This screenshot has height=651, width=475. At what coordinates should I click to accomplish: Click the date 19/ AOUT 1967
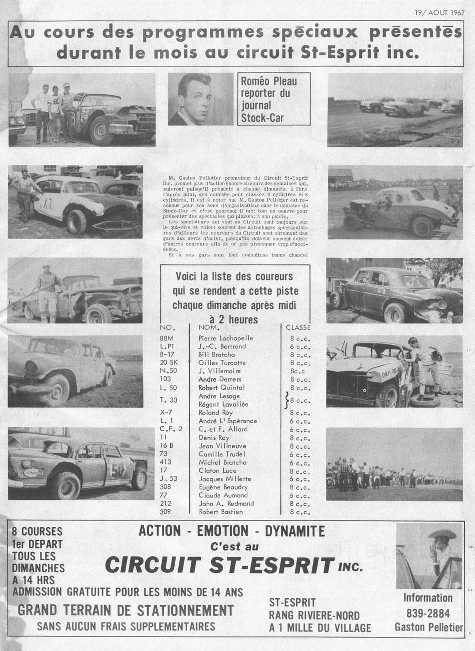point(439,12)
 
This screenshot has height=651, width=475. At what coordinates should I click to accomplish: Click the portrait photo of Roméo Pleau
point(201,99)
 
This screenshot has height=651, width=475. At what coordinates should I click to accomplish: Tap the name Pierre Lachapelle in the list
point(225,338)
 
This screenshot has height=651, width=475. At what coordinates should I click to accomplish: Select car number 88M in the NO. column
point(167,338)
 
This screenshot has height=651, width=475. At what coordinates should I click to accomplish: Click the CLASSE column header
point(298,328)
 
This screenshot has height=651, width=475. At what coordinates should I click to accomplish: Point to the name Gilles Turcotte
point(222,363)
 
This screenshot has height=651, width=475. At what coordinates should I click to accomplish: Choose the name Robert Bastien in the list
point(220,512)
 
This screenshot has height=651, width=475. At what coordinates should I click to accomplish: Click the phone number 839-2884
point(428,613)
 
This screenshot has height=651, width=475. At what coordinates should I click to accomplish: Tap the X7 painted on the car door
point(47,204)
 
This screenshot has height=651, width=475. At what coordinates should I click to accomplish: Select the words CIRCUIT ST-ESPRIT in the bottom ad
point(219,565)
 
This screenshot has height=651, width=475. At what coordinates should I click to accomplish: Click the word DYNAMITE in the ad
point(295,531)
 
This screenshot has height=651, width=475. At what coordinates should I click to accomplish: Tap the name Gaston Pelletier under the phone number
point(429,627)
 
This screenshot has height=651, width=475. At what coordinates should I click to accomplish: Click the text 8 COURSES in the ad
point(37,531)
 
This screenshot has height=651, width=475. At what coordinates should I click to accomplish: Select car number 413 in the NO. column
point(165,462)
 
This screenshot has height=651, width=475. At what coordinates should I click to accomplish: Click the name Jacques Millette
point(225,479)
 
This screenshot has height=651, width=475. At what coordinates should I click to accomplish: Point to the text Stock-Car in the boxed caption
point(262,118)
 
